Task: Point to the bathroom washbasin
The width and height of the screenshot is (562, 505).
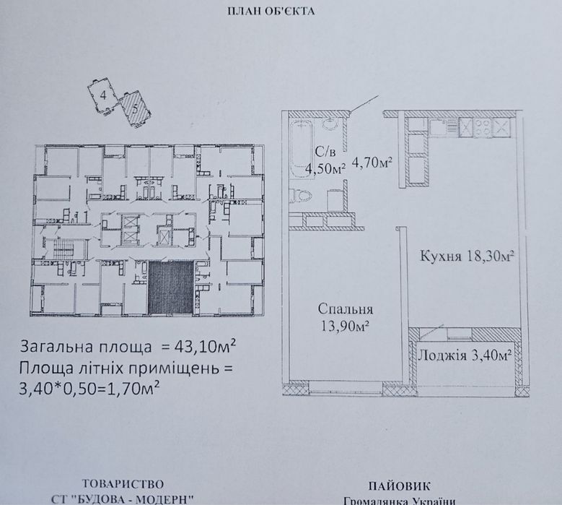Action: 330,124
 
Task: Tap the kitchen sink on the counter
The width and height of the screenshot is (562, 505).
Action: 441,129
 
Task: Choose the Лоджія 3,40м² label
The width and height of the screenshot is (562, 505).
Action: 466,354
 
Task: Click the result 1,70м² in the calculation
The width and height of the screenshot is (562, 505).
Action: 136,388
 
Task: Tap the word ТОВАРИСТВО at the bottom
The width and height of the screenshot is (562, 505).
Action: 123,483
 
